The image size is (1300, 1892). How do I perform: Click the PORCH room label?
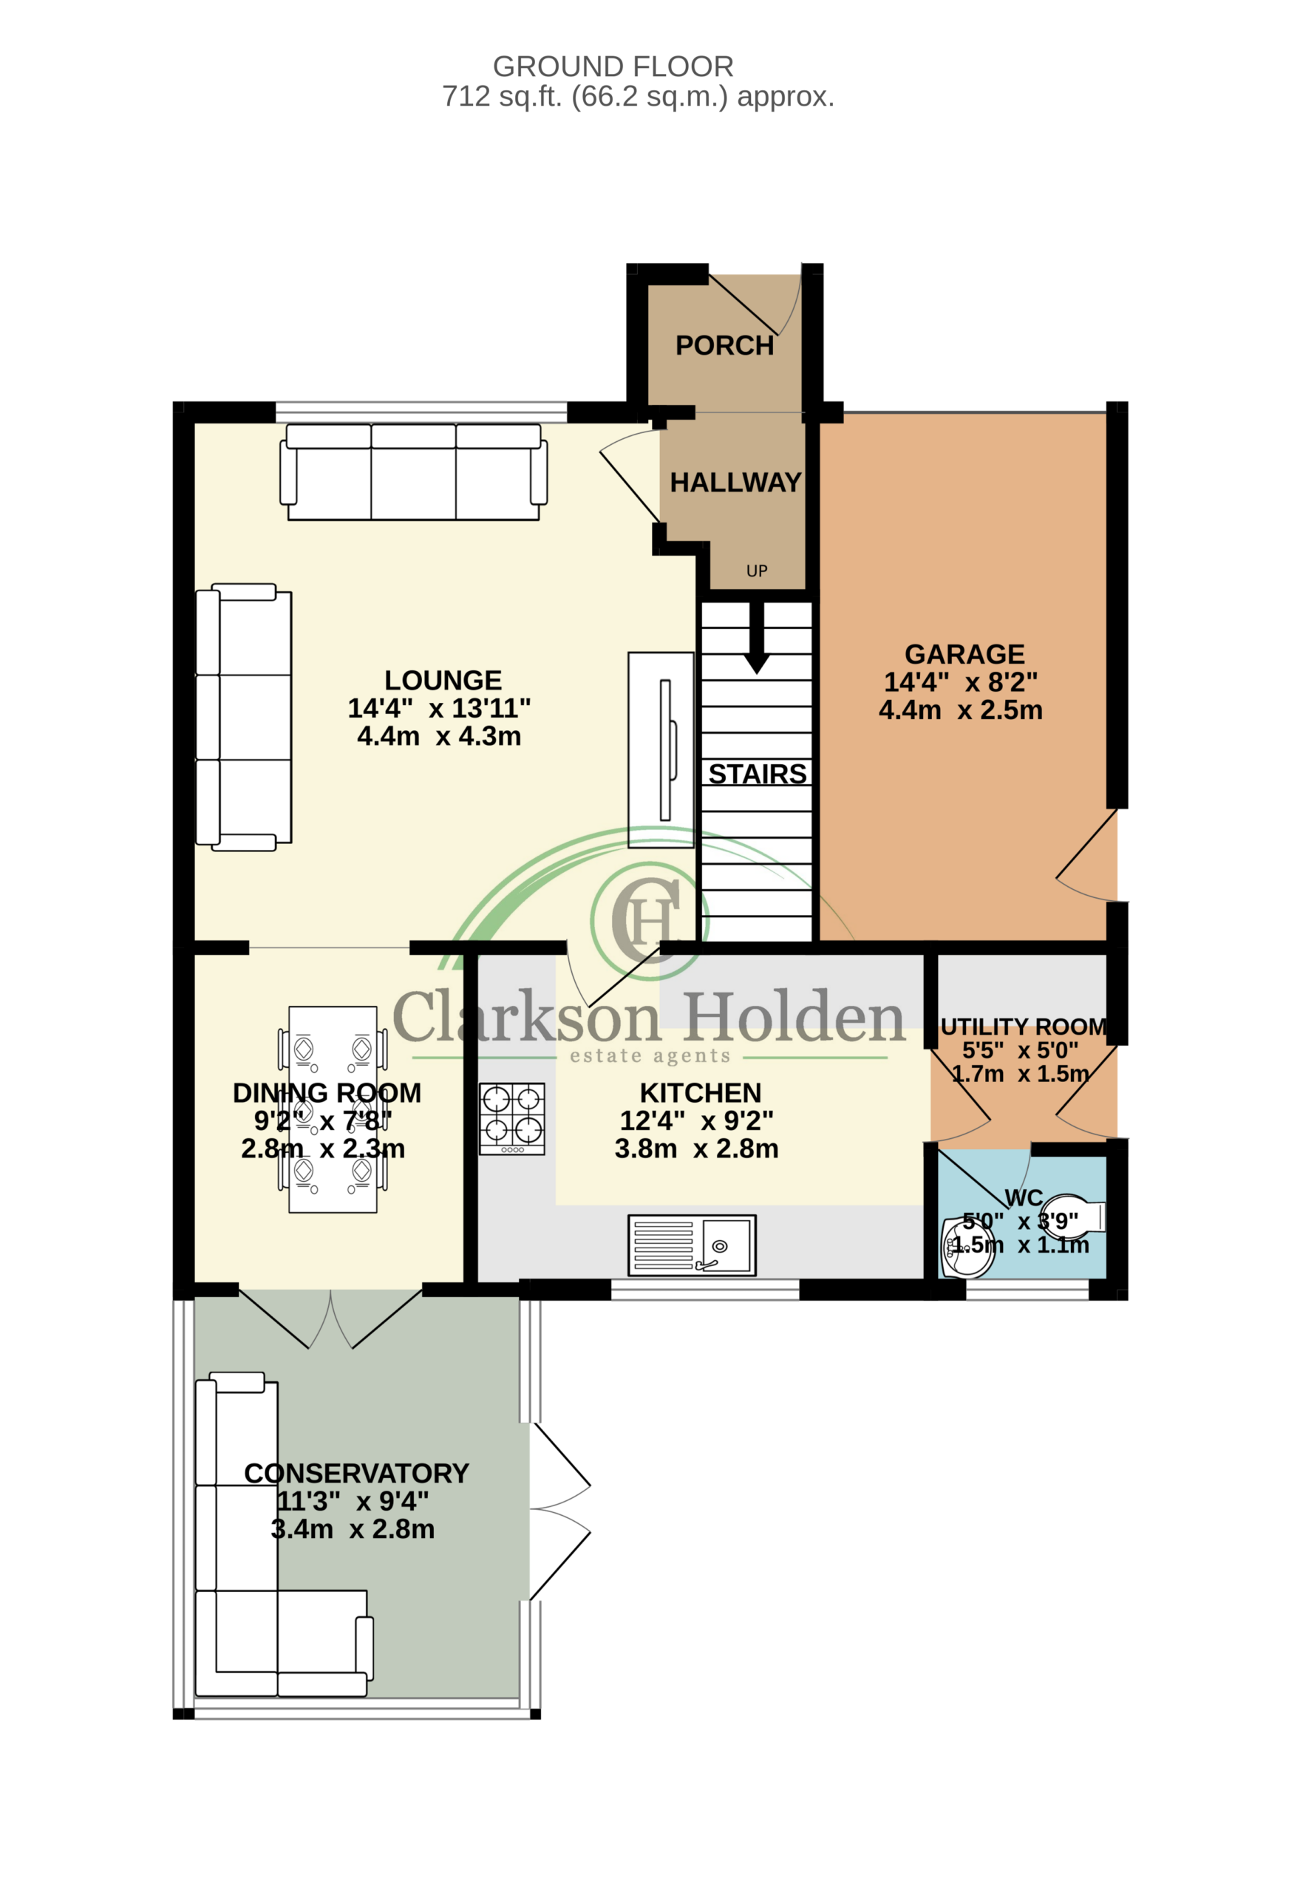point(724,345)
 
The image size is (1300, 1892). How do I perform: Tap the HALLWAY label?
point(735,482)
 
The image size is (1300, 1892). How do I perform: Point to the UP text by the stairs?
point(757,571)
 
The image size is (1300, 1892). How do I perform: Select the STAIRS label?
point(758,774)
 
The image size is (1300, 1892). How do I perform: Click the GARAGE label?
point(964,654)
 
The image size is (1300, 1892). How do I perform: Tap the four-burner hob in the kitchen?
point(511,1118)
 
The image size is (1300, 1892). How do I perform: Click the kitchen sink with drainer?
point(692,1245)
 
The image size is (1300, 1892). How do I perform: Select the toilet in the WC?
point(1073,1218)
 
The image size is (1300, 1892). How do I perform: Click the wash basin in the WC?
point(967,1248)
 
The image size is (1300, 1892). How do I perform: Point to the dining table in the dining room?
point(333,1110)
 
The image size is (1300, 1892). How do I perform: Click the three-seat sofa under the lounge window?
point(413,472)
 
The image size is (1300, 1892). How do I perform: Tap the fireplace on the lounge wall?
point(661,750)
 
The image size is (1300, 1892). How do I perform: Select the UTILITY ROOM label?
point(1023,1027)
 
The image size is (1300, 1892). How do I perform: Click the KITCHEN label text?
point(700,1092)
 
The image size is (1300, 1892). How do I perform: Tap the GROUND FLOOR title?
point(613,66)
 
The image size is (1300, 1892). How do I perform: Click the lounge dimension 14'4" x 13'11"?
point(439,709)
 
